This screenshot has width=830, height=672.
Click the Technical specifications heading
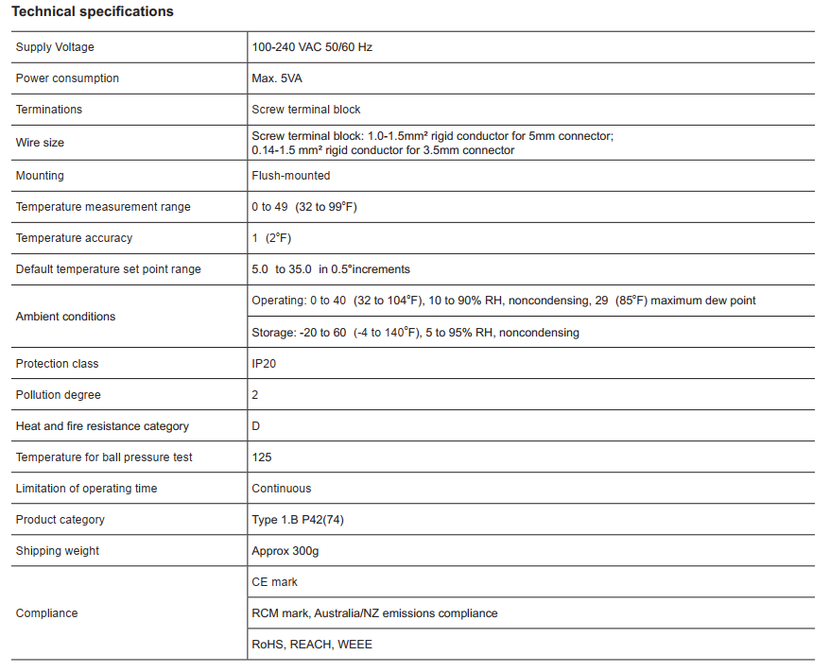93,12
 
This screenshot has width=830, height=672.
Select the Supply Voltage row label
55,47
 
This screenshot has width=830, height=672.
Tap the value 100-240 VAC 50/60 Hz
312,47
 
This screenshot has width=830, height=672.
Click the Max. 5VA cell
277,78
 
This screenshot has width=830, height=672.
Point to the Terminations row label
49,110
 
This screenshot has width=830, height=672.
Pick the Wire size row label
41,143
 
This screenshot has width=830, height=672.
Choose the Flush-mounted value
291,176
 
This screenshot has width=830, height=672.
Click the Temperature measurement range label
103,207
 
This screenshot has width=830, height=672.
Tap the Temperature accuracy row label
74,238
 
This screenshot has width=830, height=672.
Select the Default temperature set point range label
109,269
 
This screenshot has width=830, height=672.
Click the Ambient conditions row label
66,317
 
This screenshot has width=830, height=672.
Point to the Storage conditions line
415,333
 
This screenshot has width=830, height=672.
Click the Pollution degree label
59,395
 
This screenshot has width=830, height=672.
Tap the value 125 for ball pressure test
262,457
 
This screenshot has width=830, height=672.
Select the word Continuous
282,489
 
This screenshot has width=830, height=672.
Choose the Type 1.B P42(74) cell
297,520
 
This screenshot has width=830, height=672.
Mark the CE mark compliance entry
275,582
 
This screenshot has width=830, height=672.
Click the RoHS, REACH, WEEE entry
312,645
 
